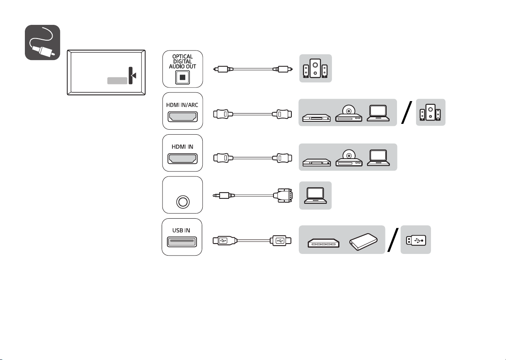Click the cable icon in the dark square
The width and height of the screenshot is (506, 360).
coord(42,42)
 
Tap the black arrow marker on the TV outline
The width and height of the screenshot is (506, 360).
coord(134,75)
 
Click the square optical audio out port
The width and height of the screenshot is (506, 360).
coord(182,77)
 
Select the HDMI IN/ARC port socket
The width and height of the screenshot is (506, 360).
coord(182,116)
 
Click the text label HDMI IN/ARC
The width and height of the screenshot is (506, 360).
coord(182,105)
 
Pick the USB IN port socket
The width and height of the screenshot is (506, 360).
coord(182,242)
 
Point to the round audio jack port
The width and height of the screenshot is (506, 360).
coord(183,202)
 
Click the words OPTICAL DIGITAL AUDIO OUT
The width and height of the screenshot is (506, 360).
coord(182,61)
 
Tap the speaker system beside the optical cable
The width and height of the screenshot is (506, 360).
coord(315,68)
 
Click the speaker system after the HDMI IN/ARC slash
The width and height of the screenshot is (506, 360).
coord(430,112)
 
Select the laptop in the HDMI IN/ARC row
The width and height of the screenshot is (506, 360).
coord(378,113)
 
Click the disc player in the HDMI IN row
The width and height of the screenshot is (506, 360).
coord(349,158)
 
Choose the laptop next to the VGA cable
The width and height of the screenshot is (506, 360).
coord(315,196)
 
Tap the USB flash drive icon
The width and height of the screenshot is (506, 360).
coord(416,240)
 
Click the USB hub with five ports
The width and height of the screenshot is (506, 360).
coord(324,243)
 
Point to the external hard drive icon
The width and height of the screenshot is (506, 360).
coord(363,242)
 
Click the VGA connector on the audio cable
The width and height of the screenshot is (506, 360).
coord(283,196)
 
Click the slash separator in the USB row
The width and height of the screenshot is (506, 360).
coord(393,240)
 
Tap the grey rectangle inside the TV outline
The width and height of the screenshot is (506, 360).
coord(117,81)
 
